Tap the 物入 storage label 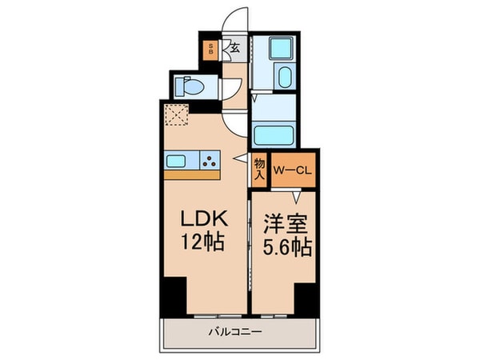pyautogui.click(x=260, y=169)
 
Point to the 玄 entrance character pyautogui.click(x=235, y=48)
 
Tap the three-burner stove pyautogui.click(x=210, y=161)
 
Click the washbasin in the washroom pyautogui.click(x=286, y=78)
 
